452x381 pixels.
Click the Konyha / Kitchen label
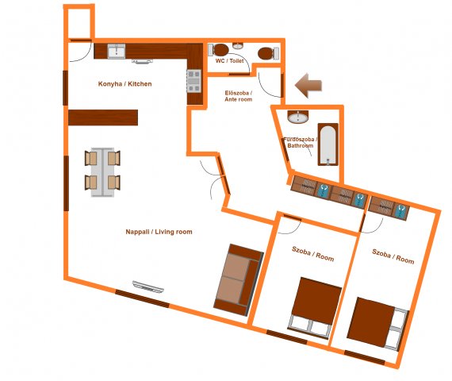pos(124,84)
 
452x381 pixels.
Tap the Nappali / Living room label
pos(159,232)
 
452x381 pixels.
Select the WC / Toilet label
pos(229,61)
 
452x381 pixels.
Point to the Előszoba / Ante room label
pos(239,96)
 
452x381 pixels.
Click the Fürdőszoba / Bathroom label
pos(301,143)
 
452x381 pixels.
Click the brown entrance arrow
pos(308,86)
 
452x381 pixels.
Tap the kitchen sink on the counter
pos(117,52)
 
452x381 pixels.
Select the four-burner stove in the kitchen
pos(194,81)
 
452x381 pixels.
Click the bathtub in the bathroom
pos(328,144)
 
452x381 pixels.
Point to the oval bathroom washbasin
pos(298,117)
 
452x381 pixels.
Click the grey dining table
pos(102,172)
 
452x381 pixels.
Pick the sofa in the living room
pos(239,280)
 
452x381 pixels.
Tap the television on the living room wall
pos(148,287)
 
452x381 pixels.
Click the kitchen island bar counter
pos(103,117)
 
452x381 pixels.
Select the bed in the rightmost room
pos(378,324)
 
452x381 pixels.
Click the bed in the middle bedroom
pos(315,308)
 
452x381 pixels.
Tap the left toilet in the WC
pos(218,50)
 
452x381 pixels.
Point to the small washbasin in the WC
pos(238,45)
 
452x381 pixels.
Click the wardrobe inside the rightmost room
pos(389,208)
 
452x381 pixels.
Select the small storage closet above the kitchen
pos(79,22)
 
